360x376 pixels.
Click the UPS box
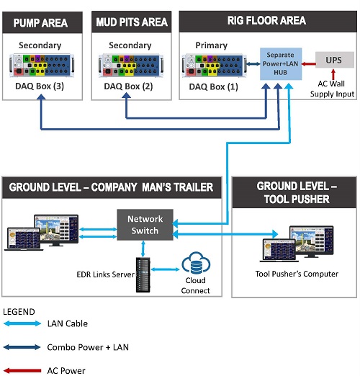335,60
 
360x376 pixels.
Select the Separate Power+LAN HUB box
281,64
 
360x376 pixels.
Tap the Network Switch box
145,225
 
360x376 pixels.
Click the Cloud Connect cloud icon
196,263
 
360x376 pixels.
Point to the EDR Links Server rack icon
143,274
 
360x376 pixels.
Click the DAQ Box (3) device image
42,66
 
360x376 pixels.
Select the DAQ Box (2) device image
131,66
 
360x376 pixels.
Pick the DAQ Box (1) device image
215,66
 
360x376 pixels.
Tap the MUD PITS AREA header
132,22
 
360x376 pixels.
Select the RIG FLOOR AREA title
266,20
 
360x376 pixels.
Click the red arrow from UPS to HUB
308,64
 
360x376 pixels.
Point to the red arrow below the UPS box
333,74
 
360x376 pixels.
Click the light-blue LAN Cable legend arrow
22,323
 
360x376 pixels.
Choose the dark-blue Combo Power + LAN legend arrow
22,347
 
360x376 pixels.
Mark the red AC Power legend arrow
23,370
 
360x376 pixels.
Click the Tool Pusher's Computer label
297,274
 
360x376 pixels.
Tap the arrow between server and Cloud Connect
166,269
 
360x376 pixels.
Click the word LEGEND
19,312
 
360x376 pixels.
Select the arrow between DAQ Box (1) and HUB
253,64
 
